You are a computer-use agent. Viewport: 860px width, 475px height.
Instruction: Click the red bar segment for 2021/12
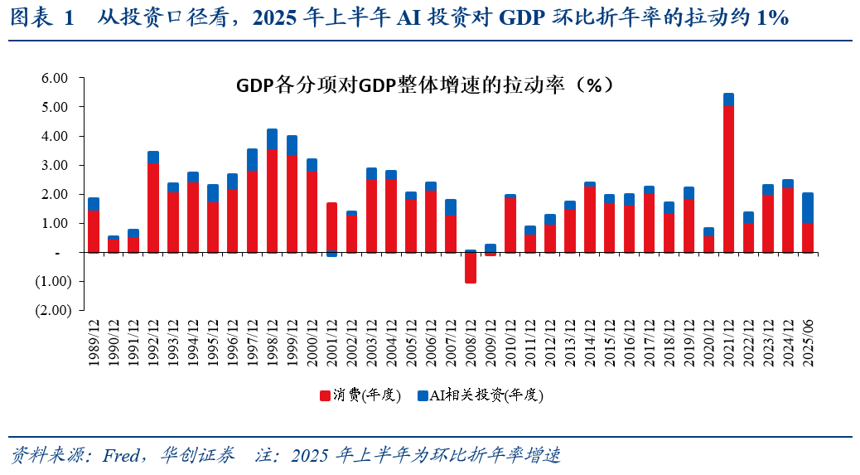click(728, 179)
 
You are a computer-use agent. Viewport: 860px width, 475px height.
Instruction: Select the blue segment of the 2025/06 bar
click(808, 208)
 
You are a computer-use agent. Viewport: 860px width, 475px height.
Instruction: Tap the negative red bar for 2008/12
click(471, 268)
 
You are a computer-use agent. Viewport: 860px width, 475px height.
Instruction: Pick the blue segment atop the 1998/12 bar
click(273, 138)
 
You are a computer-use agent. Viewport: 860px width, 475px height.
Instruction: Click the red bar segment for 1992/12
click(153, 207)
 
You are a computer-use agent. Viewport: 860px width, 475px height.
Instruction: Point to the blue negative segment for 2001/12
click(332, 254)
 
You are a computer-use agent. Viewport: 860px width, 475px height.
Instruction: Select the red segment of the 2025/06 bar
click(808, 237)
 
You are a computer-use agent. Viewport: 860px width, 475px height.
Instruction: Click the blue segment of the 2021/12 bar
click(728, 99)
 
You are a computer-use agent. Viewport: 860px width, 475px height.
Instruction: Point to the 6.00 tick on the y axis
click(53, 78)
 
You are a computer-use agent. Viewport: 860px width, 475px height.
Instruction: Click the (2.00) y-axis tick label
click(51, 310)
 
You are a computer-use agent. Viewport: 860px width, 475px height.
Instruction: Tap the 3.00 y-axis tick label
click(53, 165)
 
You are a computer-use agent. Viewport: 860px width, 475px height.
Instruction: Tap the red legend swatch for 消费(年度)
click(326, 395)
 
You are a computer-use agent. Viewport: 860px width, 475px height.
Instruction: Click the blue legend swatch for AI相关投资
click(423, 395)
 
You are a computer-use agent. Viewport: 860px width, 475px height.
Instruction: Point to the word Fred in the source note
click(122, 456)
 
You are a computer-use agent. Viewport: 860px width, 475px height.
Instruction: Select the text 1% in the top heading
click(772, 17)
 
